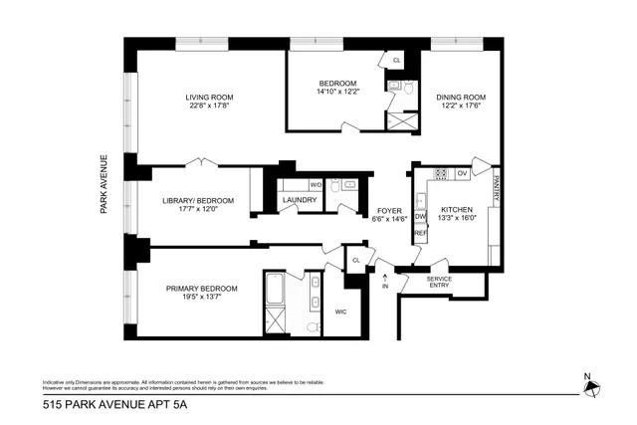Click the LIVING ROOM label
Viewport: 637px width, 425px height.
pyautogui.click(x=208, y=98)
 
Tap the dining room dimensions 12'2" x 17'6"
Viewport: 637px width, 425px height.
pyautogui.click(x=459, y=108)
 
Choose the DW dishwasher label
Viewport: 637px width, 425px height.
pyautogui.click(x=420, y=215)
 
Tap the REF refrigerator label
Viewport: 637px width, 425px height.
pyautogui.click(x=420, y=233)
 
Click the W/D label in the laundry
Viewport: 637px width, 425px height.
pyautogui.click(x=316, y=184)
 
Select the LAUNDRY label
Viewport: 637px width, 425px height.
pyautogui.click(x=300, y=200)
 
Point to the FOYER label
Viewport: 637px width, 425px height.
pyautogui.click(x=388, y=209)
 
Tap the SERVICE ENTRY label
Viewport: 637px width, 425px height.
pyautogui.click(x=439, y=283)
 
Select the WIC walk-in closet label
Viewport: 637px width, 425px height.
pyautogui.click(x=340, y=310)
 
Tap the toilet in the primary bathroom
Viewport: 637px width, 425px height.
pyautogui.click(x=312, y=326)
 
